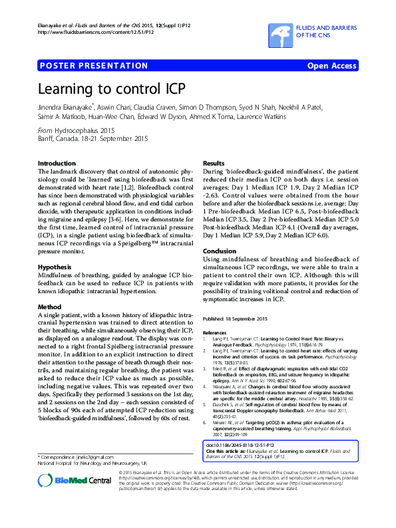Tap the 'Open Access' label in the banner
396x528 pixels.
[x=331, y=66]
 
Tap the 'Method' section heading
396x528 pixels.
[x=49, y=307]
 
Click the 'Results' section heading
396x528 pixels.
[x=214, y=163]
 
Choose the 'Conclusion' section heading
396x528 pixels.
[x=220, y=251]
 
